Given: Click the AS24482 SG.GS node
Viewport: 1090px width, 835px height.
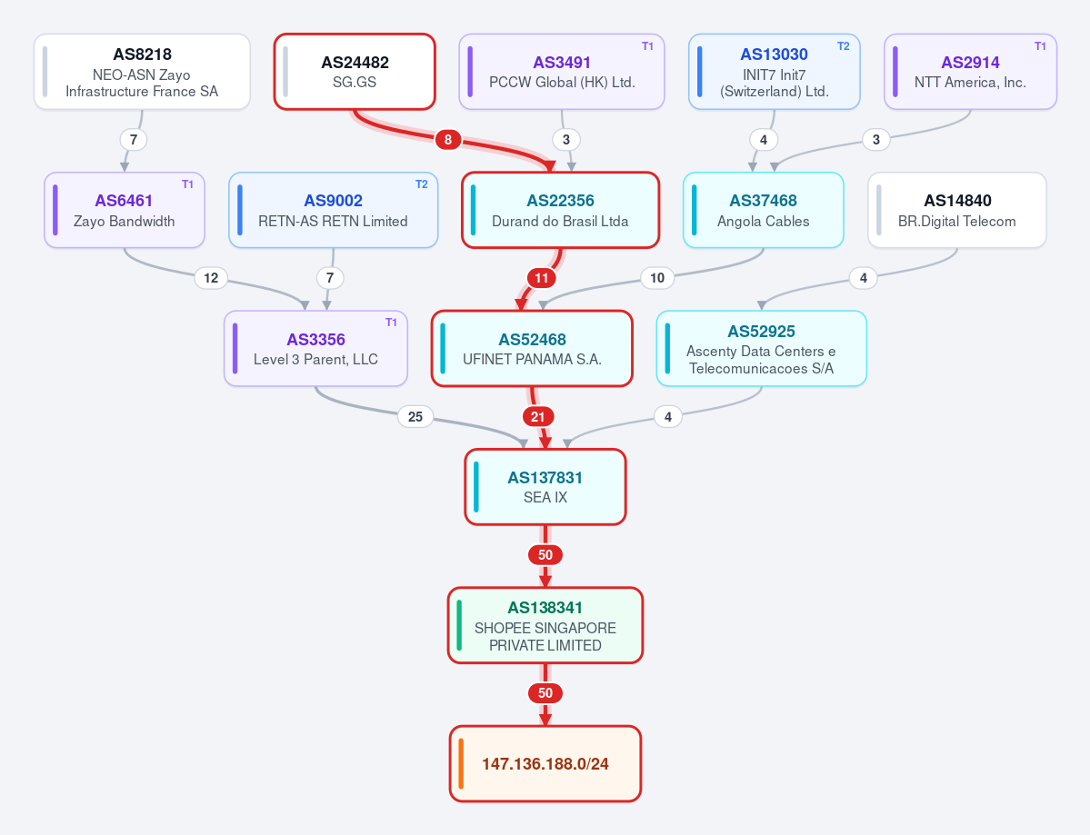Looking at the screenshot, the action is [x=355, y=72].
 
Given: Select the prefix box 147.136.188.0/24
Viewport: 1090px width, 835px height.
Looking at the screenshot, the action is [x=545, y=763].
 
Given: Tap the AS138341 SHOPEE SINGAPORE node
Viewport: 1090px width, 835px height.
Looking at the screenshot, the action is [x=545, y=625].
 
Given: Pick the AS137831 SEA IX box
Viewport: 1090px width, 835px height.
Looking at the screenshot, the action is [x=545, y=487].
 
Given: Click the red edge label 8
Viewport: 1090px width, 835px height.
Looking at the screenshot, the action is [x=447, y=140].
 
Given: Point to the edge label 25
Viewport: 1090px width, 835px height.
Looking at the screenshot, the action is [x=415, y=417].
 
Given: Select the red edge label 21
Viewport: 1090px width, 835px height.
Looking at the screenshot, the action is [x=538, y=417].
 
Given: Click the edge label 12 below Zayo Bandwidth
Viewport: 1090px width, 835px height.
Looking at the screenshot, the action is [x=211, y=278].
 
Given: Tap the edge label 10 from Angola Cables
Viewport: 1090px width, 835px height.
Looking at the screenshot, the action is [x=657, y=278].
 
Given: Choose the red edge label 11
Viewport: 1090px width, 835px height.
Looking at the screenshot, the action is [x=542, y=278].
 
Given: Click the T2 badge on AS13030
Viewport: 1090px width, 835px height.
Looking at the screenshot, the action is [x=844, y=45].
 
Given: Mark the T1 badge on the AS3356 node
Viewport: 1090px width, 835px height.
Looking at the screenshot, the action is [x=392, y=323].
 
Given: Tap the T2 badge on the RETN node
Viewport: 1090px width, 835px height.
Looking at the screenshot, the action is [x=421, y=184].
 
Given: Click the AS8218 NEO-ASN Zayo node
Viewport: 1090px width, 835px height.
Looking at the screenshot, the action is [x=142, y=72].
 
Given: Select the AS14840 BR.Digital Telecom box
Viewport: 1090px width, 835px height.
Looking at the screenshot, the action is [x=957, y=210].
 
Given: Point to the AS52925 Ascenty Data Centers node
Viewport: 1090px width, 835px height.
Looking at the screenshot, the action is [x=761, y=348].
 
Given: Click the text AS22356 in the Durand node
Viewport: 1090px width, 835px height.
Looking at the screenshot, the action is [x=560, y=201].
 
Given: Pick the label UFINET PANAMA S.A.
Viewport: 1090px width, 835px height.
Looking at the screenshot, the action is [x=533, y=359].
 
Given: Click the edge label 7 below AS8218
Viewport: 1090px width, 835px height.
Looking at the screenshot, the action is [x=134, y=140].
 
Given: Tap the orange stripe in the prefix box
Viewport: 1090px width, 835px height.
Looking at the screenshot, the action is [x=461, y=763].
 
